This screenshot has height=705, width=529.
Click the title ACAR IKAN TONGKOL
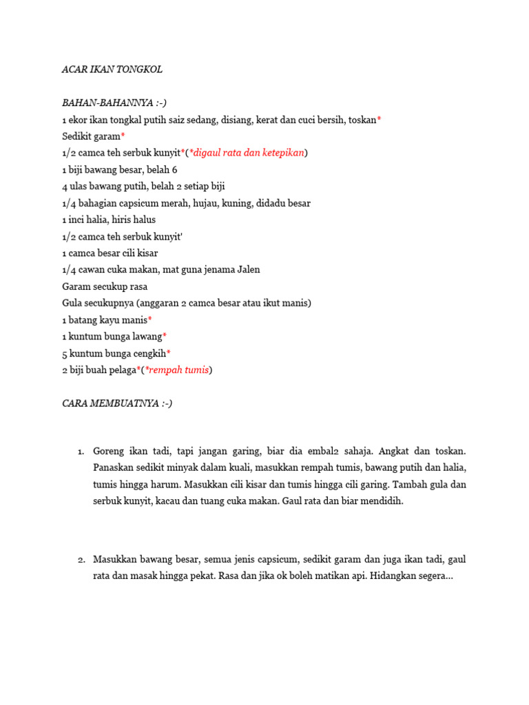[112, 70]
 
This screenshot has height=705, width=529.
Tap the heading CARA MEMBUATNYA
[117, 403]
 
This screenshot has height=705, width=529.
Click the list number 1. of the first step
[80, 452]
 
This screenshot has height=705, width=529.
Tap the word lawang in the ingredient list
[146, 337]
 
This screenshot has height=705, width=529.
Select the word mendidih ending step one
[381, 501]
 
